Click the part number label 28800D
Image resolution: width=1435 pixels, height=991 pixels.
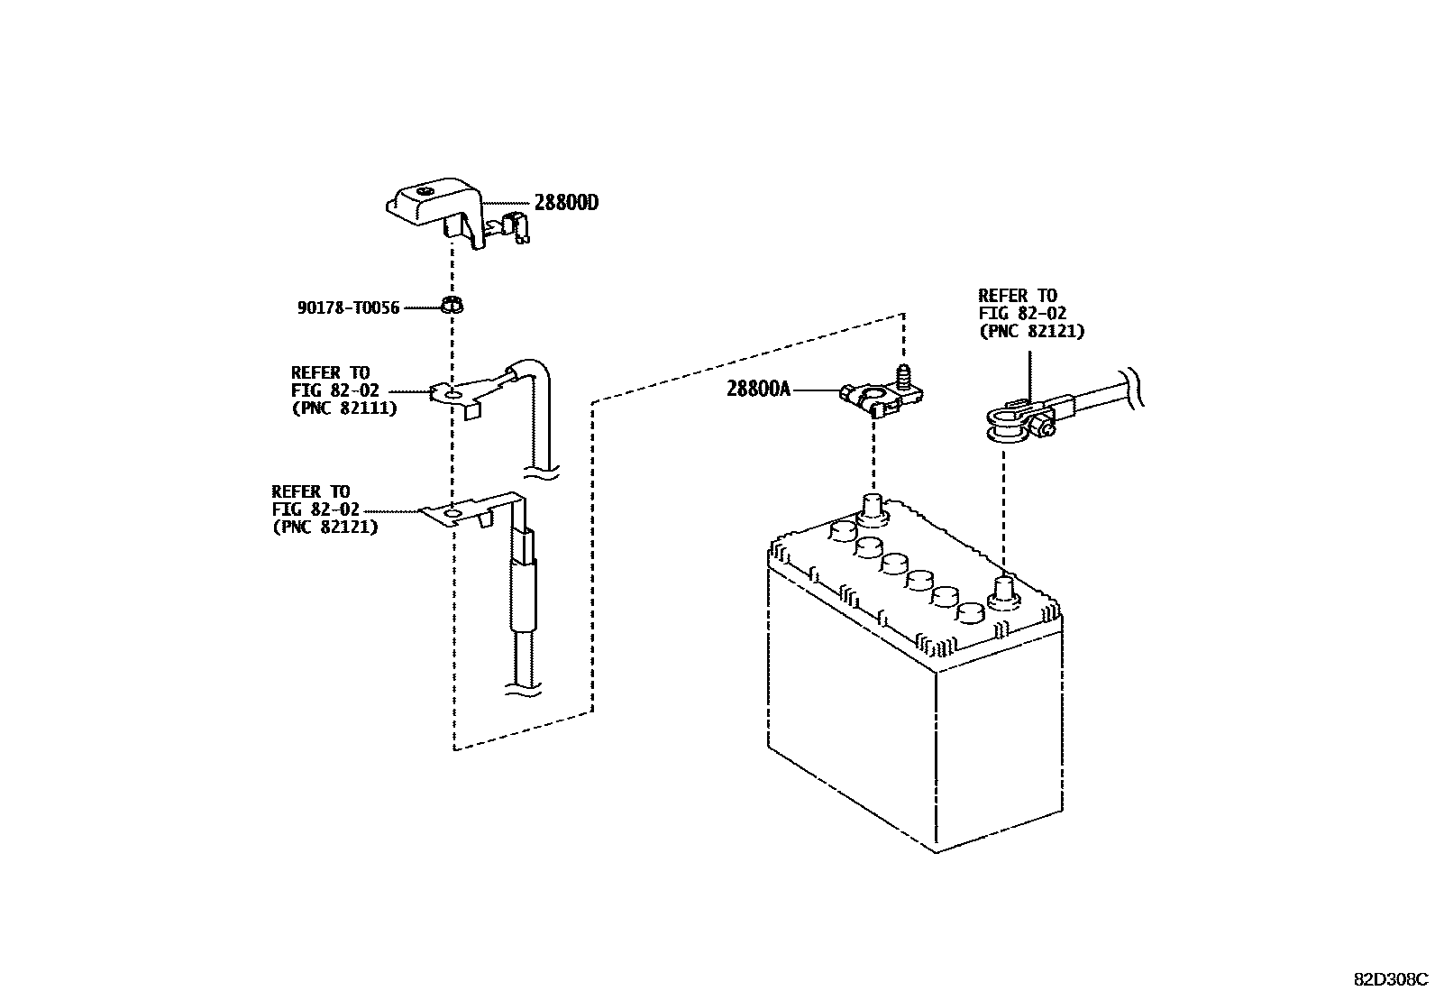(x=566, y=203)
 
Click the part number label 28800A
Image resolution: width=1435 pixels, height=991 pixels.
(x=758, y=390)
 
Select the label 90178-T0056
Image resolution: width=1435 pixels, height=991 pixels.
(x=348, y=307)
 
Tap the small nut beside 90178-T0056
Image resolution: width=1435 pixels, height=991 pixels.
(x=452, y=305)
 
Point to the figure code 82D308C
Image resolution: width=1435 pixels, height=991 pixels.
(x=1390, y=978)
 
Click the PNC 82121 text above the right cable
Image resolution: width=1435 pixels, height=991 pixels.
(x=1031, y=331)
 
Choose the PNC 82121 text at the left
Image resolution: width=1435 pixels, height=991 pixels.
(x=324, y=527)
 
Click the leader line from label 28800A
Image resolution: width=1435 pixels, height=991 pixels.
(x=816, y=390)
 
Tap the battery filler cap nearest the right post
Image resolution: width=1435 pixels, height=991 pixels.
(x=970, y=612)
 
